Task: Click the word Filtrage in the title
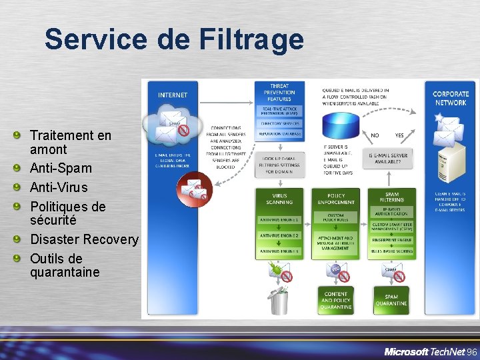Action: tap(251, 39)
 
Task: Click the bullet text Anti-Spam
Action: tap(61, 168)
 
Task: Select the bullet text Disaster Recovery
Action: tap(84, 239)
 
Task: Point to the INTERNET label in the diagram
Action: tap(173, 95)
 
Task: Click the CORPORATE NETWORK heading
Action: tap(450, 99)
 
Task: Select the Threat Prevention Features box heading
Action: tap(279, 93)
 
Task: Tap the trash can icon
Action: tap(277, 300)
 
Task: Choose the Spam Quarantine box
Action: tap(391, 300)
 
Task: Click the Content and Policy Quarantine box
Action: tap(335, 300)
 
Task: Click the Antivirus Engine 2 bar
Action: tap(279, 236)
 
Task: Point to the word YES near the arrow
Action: tap(399, 135)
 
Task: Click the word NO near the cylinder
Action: tap(375, 135)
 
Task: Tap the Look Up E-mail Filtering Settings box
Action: tap(279, 163)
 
